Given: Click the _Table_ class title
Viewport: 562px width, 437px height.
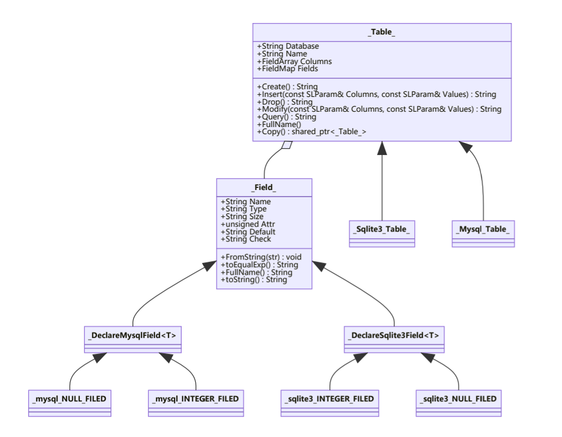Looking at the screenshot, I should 381,32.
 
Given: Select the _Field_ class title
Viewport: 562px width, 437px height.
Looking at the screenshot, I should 264,188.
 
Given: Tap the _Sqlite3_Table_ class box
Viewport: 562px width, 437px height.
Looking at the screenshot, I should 381,233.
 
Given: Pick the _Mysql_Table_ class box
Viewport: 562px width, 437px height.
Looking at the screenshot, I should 483,233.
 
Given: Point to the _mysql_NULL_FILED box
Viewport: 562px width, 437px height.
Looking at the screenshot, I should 69,403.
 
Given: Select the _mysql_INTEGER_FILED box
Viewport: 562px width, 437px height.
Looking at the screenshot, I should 195,403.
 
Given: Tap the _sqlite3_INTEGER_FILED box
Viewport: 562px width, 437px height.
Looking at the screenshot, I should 329,403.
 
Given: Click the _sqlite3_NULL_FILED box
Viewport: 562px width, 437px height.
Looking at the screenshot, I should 458,403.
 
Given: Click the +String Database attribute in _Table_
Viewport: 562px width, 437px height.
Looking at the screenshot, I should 288,47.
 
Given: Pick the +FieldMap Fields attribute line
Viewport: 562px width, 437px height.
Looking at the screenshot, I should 287,69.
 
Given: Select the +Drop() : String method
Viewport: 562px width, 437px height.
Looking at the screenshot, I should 285,102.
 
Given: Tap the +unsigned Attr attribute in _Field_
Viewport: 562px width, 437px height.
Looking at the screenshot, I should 247,224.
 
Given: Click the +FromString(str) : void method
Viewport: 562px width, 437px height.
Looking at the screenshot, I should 260,257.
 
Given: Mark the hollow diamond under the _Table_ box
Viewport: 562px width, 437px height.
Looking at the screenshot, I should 286,146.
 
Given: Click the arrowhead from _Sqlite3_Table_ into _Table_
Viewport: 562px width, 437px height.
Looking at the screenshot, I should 382,147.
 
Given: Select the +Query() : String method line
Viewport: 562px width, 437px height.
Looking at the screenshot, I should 286,117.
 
